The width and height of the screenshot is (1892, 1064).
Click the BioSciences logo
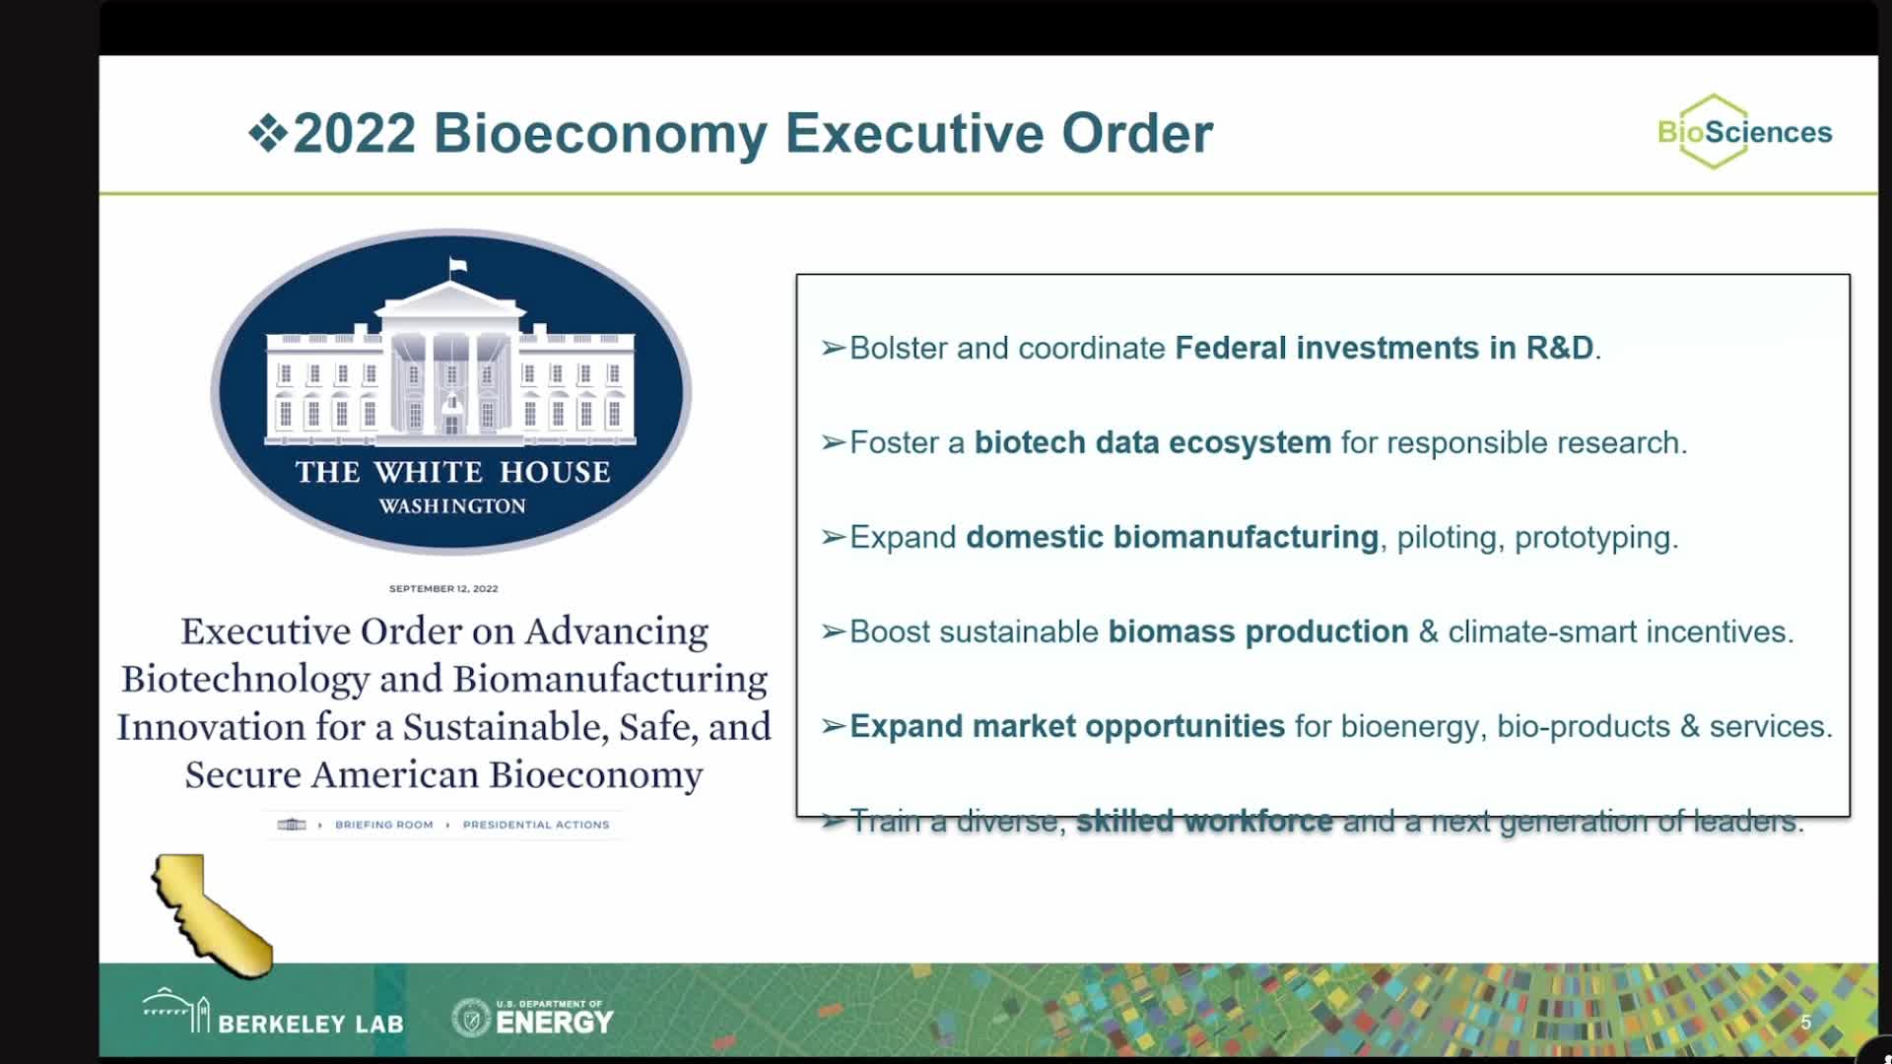click(1743, 132)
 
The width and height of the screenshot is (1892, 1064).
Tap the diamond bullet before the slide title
click(267, 133)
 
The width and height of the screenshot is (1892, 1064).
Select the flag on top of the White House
click(456, 266)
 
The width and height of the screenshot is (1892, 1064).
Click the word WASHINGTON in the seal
click(452, 506)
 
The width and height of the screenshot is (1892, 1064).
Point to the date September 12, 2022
click(443, 588)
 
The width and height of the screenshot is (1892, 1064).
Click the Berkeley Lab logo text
click(310, 1024)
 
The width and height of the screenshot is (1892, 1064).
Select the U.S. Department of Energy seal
click(471, 1018)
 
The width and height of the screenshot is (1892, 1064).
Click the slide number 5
click(1805, 1023)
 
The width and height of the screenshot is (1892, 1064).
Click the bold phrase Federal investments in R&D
click(1384, 348)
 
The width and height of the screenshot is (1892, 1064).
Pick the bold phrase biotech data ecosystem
click(1152, 442)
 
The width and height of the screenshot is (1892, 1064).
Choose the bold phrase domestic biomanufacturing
click(1172, 537)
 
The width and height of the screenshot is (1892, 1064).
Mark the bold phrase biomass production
click(1258, 632)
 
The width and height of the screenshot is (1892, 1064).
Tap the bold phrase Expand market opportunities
click(1067, 726)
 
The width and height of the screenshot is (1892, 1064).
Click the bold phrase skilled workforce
click(1204, 821)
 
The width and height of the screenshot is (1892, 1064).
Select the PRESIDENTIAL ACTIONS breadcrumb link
click(536, 825)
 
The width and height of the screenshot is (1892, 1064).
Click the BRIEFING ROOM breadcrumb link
click(383, 825)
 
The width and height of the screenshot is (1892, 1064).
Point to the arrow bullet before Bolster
click(834, 348)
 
